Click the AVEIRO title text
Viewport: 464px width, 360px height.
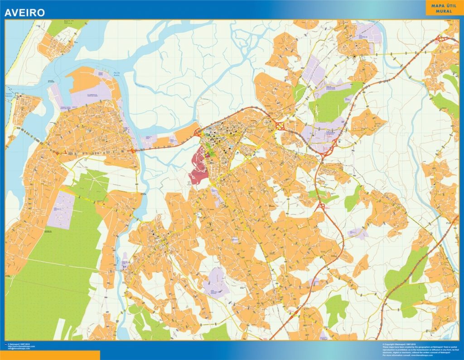(x=25, y=13)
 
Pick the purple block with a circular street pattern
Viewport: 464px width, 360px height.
(x=61, y=210)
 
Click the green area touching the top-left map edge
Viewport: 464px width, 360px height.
(x=63, y=26)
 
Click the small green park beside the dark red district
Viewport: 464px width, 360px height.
(x=209, y=147)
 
